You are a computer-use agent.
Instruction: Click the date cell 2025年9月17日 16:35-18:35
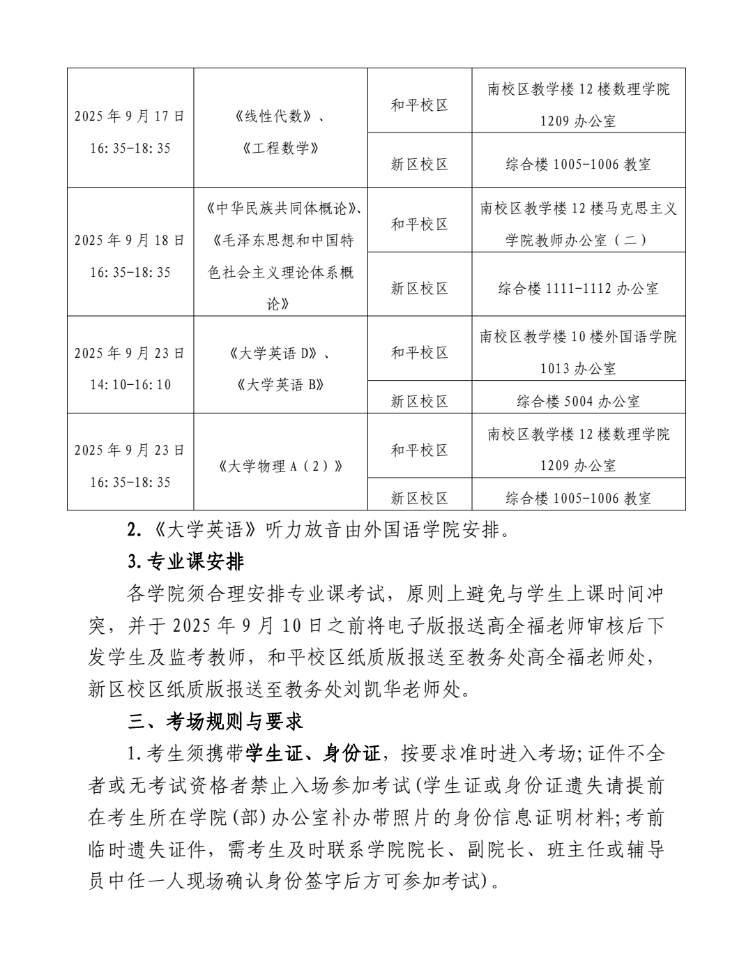(130, 132)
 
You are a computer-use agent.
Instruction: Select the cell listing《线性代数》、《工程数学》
(280, 132)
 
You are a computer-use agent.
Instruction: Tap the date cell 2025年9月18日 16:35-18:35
(130, 256)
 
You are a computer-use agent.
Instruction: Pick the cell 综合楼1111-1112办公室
(578, 289)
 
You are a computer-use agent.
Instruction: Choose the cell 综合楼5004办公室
(578, 401)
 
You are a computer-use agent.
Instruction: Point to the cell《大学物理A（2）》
(280, 466)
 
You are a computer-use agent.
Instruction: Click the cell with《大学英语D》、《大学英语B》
(280, 368)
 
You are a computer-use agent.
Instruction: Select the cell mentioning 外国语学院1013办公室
(578, 352)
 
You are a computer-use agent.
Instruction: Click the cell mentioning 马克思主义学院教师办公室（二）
(578, 224)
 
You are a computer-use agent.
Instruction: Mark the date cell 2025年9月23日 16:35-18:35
(130, 466)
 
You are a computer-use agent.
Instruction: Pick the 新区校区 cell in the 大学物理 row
(419, 498)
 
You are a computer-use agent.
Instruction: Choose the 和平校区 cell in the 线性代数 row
(419, 105)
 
